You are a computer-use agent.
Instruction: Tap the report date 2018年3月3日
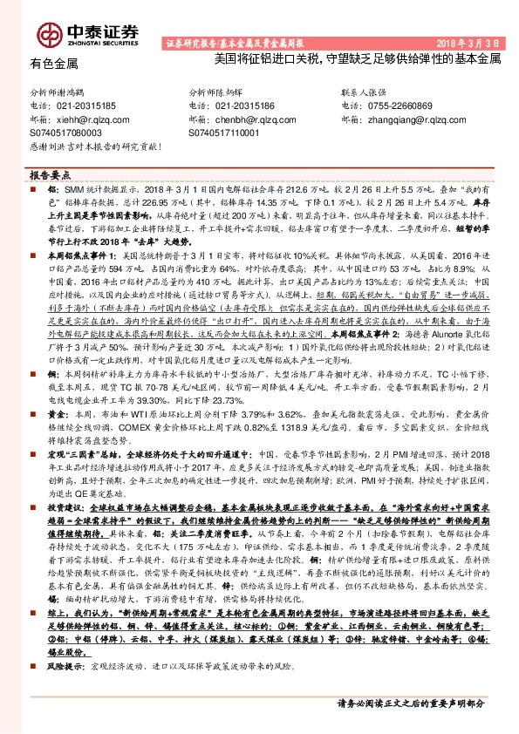coord(468,43)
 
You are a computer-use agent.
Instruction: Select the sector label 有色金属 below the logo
coord(54,64)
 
